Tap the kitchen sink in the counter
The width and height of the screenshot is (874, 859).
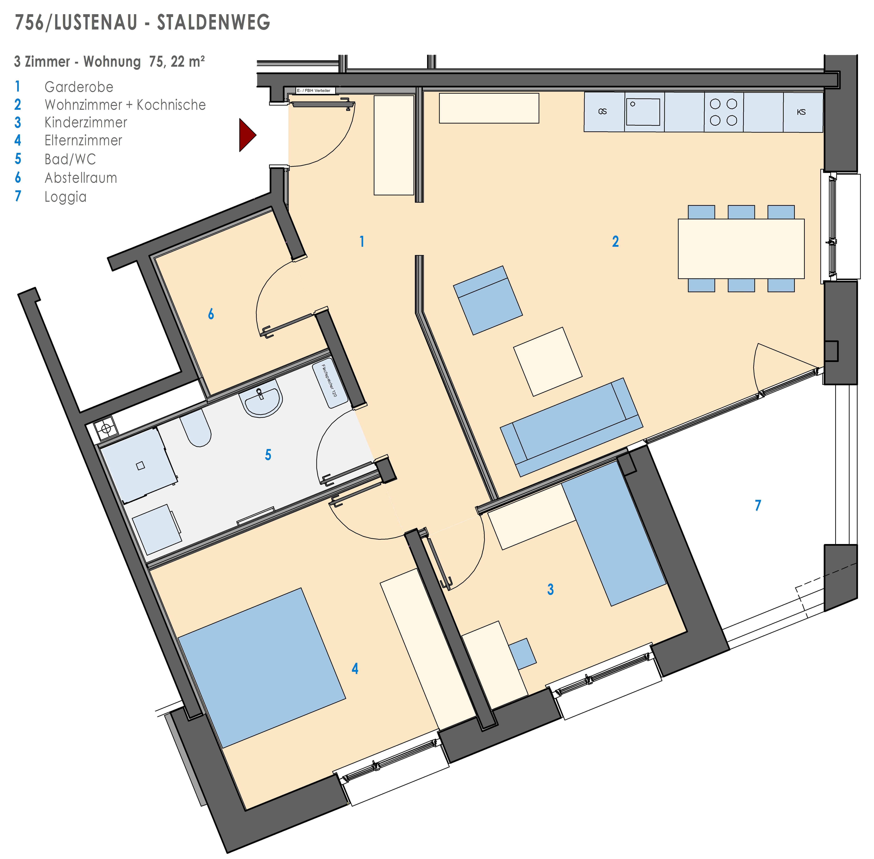pos(643,112)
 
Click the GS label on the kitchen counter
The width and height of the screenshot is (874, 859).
pos(602,111)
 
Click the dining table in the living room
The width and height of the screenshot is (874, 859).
pos(741,249)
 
